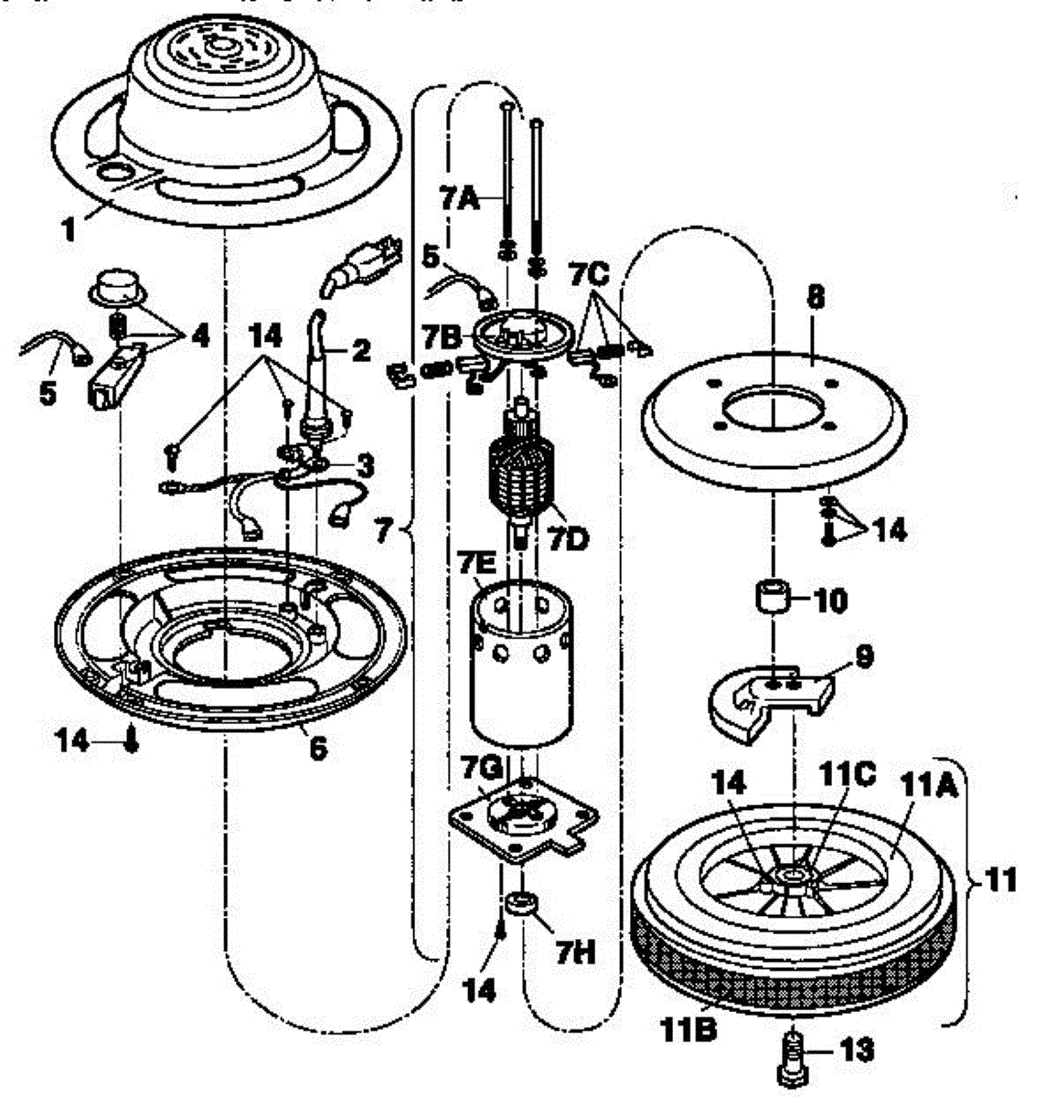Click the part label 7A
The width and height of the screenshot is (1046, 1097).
tap(459, 199)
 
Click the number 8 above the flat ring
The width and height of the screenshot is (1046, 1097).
tap(817, 299)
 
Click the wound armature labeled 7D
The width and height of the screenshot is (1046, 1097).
tap(520, 475)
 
